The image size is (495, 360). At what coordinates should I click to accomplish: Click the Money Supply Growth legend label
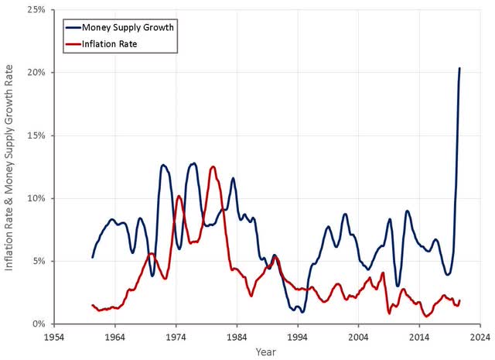click(x=121, y=28)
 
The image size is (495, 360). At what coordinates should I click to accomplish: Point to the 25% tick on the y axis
click(x=36, y=9)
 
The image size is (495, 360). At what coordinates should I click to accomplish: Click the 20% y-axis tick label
click(x=36, y=72)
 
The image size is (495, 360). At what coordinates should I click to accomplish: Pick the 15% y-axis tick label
click(x=36, y=135)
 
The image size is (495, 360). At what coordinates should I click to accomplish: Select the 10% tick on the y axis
click(x=36, y=198)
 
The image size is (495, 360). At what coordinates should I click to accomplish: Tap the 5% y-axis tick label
click(x=38, y=261)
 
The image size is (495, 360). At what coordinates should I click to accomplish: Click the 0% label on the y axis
click(x=38, y=324)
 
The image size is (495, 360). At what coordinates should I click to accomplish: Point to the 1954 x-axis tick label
click(x=54, y=338)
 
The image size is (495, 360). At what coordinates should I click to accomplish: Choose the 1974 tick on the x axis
click(x=176, y=338)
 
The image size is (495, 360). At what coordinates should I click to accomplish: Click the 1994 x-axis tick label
click(x=298, y=338)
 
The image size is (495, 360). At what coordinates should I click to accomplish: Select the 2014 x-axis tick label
click(x=420, y=338)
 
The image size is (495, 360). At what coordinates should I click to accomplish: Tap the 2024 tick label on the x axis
click(x=480, y=338)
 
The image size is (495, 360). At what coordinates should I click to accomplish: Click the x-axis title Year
click(x=267, y=351)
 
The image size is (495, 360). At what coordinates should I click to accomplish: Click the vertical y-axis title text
click(x=11, y=166)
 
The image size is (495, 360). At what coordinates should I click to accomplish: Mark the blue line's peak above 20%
click(x=459, y=68)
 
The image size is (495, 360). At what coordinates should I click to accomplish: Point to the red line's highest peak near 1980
click(x=213, y=166)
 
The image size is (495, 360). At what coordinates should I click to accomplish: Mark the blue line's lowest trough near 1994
click(x=302, y=311)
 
